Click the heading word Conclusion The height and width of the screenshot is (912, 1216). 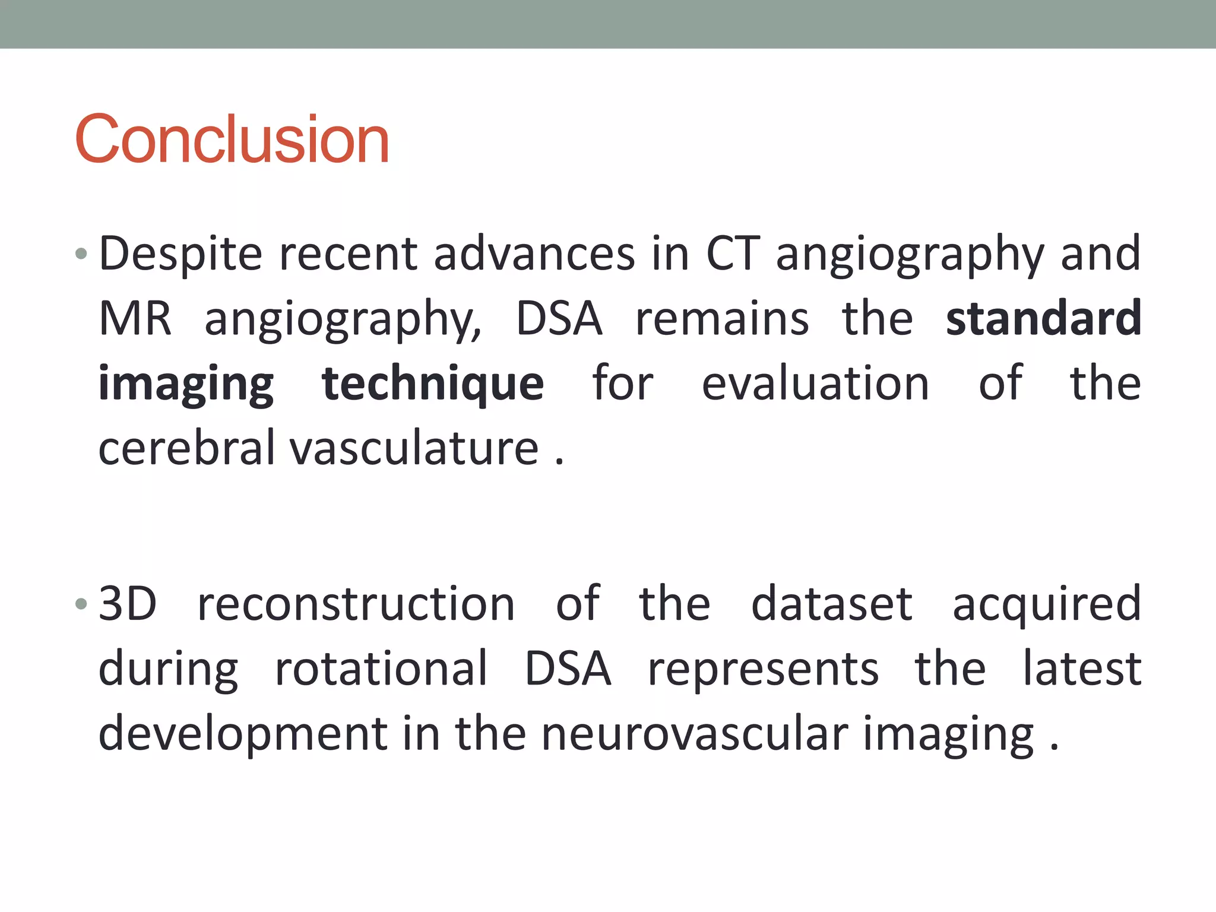click(232, 139)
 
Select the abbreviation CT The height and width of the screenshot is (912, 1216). click(733, 254)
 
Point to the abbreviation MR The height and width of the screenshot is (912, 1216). click(135, 319)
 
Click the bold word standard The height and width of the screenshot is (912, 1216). click(1043, 319)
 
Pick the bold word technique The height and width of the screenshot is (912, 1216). click(432, 384)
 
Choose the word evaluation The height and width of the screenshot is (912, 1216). click(815, 384)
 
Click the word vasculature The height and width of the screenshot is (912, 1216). click(414, 448)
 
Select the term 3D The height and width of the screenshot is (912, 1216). click(128, 604)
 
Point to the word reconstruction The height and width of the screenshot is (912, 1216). click(356, 604)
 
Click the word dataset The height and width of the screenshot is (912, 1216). click(832, 604)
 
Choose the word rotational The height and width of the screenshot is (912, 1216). click(381, 669)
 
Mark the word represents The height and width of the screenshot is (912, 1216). click(763, 670)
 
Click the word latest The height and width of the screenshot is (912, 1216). click(1081, 669)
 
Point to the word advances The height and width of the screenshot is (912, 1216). click(534, 254)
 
